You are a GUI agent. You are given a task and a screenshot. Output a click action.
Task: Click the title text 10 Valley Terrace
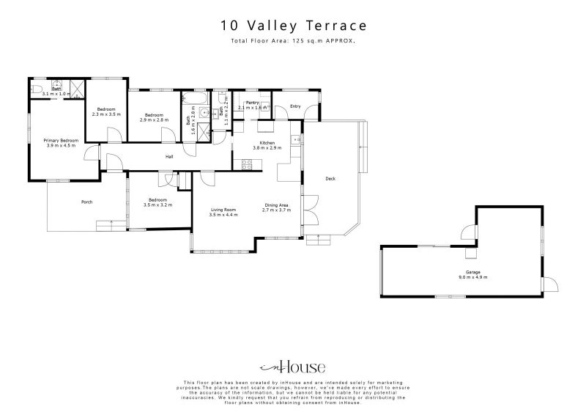293,26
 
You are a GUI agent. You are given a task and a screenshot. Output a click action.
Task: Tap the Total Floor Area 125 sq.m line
293,41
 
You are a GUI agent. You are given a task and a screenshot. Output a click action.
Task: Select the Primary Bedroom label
60,140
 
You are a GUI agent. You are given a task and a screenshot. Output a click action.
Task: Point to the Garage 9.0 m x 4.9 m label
472,272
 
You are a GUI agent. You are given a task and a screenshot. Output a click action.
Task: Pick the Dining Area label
276,205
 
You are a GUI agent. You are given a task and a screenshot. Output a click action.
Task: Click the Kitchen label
267,142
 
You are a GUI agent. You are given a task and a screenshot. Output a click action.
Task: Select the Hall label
169,156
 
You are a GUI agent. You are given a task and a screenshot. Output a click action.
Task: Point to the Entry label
295,106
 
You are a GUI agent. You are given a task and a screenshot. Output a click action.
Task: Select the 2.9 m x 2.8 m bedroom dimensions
155,119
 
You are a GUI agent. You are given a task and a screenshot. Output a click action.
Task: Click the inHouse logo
292,367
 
